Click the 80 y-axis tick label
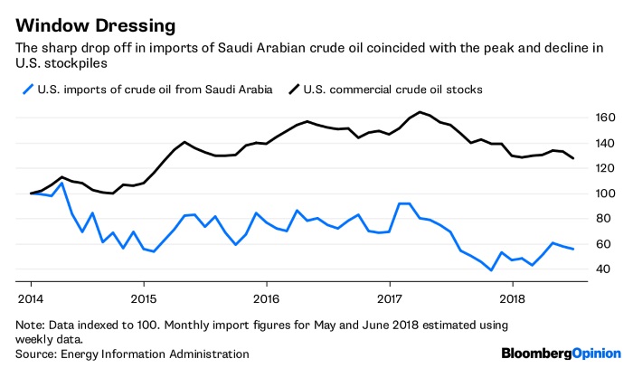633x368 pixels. point(603,219)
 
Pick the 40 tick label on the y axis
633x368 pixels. point(603,269)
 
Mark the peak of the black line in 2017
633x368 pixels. point(420,112)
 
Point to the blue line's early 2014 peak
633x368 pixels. point(61,184)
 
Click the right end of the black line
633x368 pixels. point(573,158)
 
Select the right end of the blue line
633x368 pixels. point(573,249)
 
